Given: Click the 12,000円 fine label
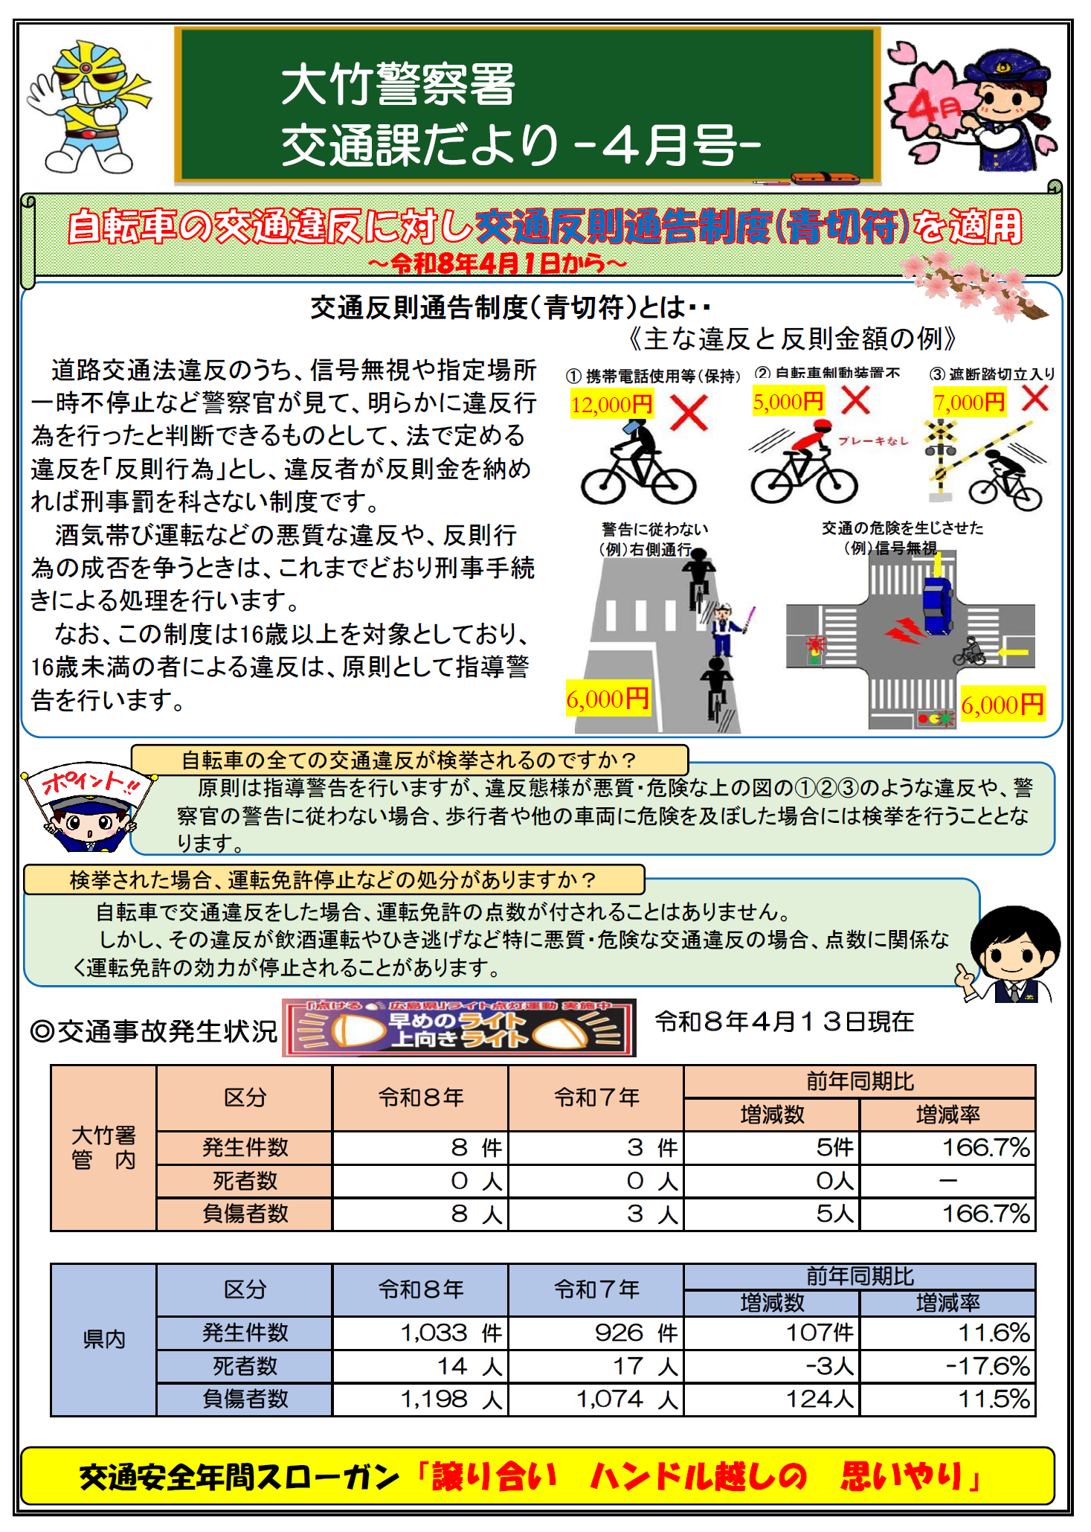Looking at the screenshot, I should [611, 404].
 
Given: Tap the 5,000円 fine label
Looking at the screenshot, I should [788, 402].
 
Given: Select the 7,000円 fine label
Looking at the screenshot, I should [969, 403].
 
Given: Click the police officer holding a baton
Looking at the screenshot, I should [723, 629].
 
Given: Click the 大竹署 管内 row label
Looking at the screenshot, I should [103, 1147].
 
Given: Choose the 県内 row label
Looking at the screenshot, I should [103, 1339].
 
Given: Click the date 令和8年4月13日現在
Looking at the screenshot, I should [784, 1022].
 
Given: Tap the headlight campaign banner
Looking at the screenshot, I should [459, 1028].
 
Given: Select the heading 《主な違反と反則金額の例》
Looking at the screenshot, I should [791, 339].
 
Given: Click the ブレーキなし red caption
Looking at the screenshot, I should [873, 440].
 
